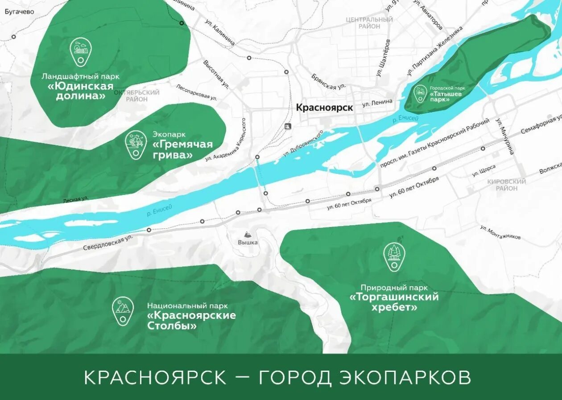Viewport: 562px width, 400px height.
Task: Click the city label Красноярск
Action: pyautogui.click(x=324, y=107)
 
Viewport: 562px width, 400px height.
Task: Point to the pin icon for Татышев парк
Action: pyautogui.click(x=420, y=94)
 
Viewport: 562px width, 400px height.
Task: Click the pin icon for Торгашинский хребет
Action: pyautogui.click(x=394, y=256)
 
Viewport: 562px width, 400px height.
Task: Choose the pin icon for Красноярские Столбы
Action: pyautogui.click(x=123, y=310)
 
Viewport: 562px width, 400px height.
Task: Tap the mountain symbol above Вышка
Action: pyautogui.click(x=248, y=234)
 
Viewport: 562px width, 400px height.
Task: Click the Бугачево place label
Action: pyautogui.click(x=19, y=12)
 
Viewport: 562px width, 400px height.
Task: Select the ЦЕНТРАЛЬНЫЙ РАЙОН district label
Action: pyautogui.click(x=369, y=23)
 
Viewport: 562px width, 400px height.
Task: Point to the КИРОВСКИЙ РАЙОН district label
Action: pyautogui.click(x=506, y=185)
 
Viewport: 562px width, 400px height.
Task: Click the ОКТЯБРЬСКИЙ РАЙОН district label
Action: pyautogui.click(x=136, y=95)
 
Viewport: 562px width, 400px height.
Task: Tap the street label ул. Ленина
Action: pyautogui.click(x=377, y=103)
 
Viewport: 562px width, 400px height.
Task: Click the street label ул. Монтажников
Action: pyautogui.click(x=500, y=232)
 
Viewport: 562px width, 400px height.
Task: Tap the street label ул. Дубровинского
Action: pyautogui.click(x=303, y=144)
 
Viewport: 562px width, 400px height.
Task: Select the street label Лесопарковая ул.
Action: pyautogui.click(x=196, y=92)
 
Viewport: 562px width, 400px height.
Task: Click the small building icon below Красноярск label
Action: pyautogui.click(x=287, y=126)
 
